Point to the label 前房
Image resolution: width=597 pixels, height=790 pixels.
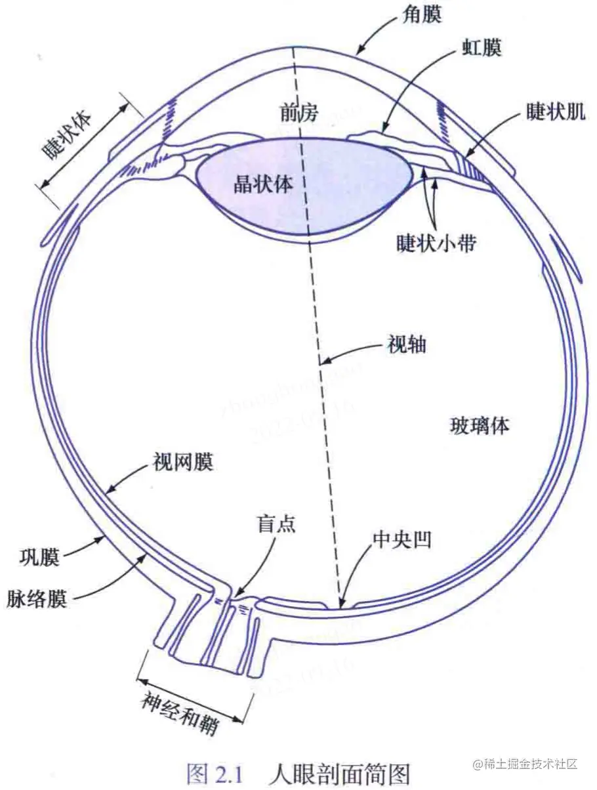[298, 114]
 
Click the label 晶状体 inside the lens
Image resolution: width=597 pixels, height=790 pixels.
[263, 184]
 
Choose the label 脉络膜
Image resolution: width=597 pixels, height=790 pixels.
[37, 598]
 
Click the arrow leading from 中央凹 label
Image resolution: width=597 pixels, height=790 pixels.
[354, 574]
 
